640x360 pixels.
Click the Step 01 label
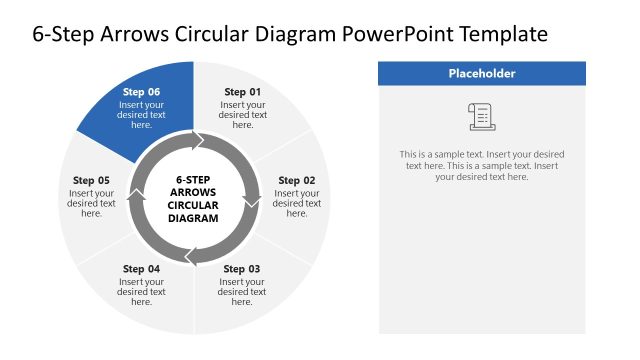click(x=242, y=92)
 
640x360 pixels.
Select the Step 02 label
click(x=296, y=181)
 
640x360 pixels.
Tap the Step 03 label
click(x=242, y=269)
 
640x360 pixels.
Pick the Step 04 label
click(x=141, y=269)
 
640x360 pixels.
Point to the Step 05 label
click(x=91, y=181)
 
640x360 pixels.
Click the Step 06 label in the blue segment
click(x=141, y=92)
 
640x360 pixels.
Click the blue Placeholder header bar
click(x=482, y=73)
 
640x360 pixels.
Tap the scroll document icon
click(x=481, y=117)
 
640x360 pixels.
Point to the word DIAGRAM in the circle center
click(x=193, y=218)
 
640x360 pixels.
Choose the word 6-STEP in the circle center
click(x=193, y=179)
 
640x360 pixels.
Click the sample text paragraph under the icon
click(x=481, y=165)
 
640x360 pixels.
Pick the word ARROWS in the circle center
click(x=193, y=192)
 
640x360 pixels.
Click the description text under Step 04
click(x=141, y=291)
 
